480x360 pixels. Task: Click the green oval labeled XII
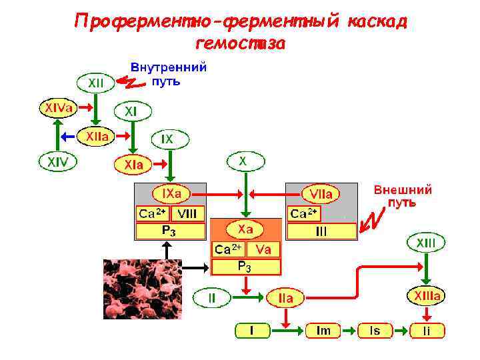pyautogui.click(x=95, y=84)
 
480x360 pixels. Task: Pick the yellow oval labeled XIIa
pyautogui.click(x=97, y=137)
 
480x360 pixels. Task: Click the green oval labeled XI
pyautogui.click(x=133, y=111)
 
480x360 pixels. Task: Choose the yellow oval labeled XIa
pyautogui.click(x=133, y=163)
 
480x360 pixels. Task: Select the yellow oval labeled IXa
pyautogui.click(x=172, y=194)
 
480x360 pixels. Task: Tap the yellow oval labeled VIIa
pyautogui.click(x=321, y=194)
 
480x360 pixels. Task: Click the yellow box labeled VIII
pyautogui.click(x=187, y=213)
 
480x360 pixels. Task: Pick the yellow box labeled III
pyautogui.click(x=321, y=231)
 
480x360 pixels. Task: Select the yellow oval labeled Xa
pyautogui.click(x=246, y=229)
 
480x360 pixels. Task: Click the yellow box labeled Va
pyautogui.click(x=263, y=249)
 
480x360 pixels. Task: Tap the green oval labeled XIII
pyautogui.click(x=426, y=243)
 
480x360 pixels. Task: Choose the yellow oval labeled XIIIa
pyautogui.click(x=426, y=295)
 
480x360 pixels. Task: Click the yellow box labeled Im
pyautogui.click(x=323, y=331)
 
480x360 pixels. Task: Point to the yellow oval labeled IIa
pyautogui.click(x=285, y=299)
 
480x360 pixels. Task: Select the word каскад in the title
pyautogui.click(x=376, y=21)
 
